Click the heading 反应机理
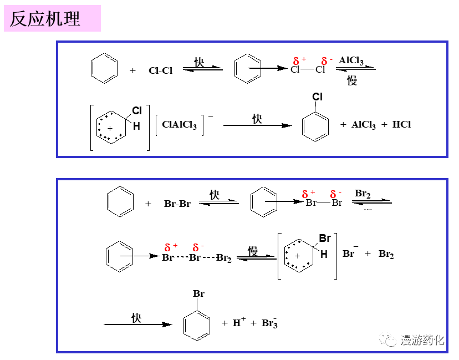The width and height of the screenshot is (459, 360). [45, 19]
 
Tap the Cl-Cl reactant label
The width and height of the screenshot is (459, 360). [161, 70]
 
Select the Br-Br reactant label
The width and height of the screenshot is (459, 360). [177, 204]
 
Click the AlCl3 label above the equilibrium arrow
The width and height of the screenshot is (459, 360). [351, 60]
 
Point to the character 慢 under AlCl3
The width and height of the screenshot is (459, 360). [352, 81]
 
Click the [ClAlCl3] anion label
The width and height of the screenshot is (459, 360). [180, 125]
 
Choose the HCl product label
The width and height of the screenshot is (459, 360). [402, 125]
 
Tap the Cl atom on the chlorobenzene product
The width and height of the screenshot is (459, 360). [317, 97]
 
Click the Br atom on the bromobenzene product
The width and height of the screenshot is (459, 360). [198, 293]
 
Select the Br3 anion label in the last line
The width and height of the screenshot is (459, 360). [269, 323]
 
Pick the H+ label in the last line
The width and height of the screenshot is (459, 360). [239, 322]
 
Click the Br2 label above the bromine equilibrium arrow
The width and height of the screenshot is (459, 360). [363, 194]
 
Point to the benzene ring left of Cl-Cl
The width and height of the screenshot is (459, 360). [104, 68]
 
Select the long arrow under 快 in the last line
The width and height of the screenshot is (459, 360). [137, 324]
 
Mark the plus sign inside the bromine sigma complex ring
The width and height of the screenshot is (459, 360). [297, 256]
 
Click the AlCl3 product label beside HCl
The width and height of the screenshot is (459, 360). [364, 125]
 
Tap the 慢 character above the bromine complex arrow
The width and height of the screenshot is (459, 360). [253, 251]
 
